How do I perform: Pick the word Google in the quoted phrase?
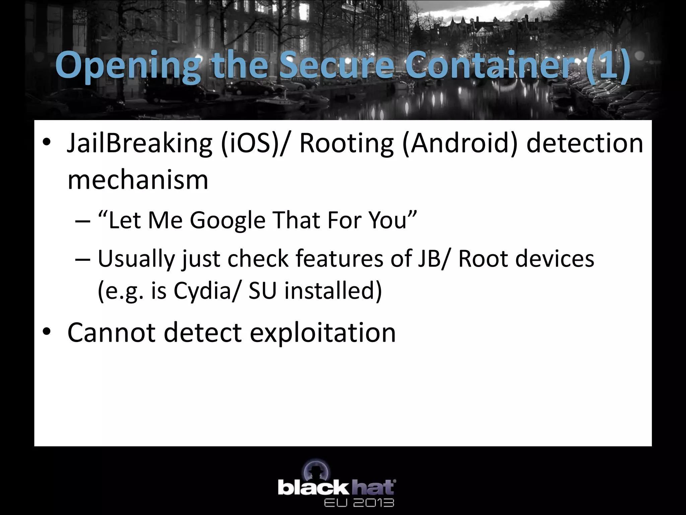pyautogui.click(x=227, y=221)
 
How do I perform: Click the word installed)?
pyautogui.click(x=333, y=290)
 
